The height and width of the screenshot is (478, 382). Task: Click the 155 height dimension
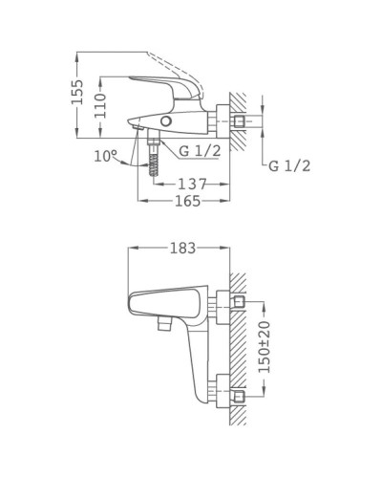(x=81, y=92)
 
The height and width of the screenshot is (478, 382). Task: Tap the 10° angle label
(x=106, y=155)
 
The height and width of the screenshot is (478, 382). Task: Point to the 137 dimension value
(x=193, y=183)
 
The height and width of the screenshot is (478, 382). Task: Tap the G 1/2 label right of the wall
(x=289, y=166)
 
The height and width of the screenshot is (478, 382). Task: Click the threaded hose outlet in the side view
(x=152, y=158)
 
